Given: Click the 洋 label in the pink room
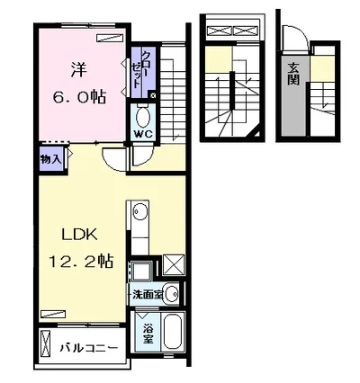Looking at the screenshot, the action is (79, 70).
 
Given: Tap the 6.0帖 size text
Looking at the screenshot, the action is (79, 97).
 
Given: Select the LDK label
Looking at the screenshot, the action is (79, 235).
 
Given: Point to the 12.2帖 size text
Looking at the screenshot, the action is (81, 261).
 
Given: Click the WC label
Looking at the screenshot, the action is (143, 134).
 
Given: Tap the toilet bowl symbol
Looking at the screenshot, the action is (143, 117).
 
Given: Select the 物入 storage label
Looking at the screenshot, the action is (51, 159).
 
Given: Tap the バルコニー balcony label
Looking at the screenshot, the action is (89, 348).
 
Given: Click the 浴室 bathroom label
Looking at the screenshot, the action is (148, 334).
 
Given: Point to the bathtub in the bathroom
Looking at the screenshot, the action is (173, 331).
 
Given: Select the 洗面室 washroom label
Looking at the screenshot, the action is (148, 295).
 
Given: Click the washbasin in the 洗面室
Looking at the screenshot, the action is (172, 294).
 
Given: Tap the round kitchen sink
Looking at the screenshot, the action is (139, 211).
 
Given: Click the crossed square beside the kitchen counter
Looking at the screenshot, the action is (173, 265).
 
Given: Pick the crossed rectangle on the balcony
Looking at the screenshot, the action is (45, 343).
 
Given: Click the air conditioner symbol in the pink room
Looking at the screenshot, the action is (110, 38).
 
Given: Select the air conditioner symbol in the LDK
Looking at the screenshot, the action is (52, 314).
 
